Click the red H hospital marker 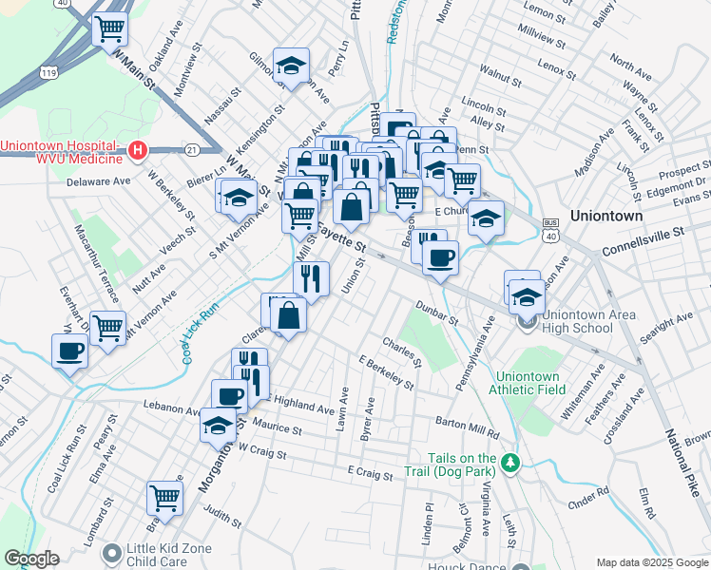pos(138,150)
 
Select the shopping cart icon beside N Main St pos(110,29)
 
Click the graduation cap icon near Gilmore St pos(291,65)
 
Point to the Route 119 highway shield pos(47,71)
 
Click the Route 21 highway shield pos(192,149)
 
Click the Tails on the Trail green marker pos(512,462)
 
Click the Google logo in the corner pos(31,559)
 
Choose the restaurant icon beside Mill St pos(312,277)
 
